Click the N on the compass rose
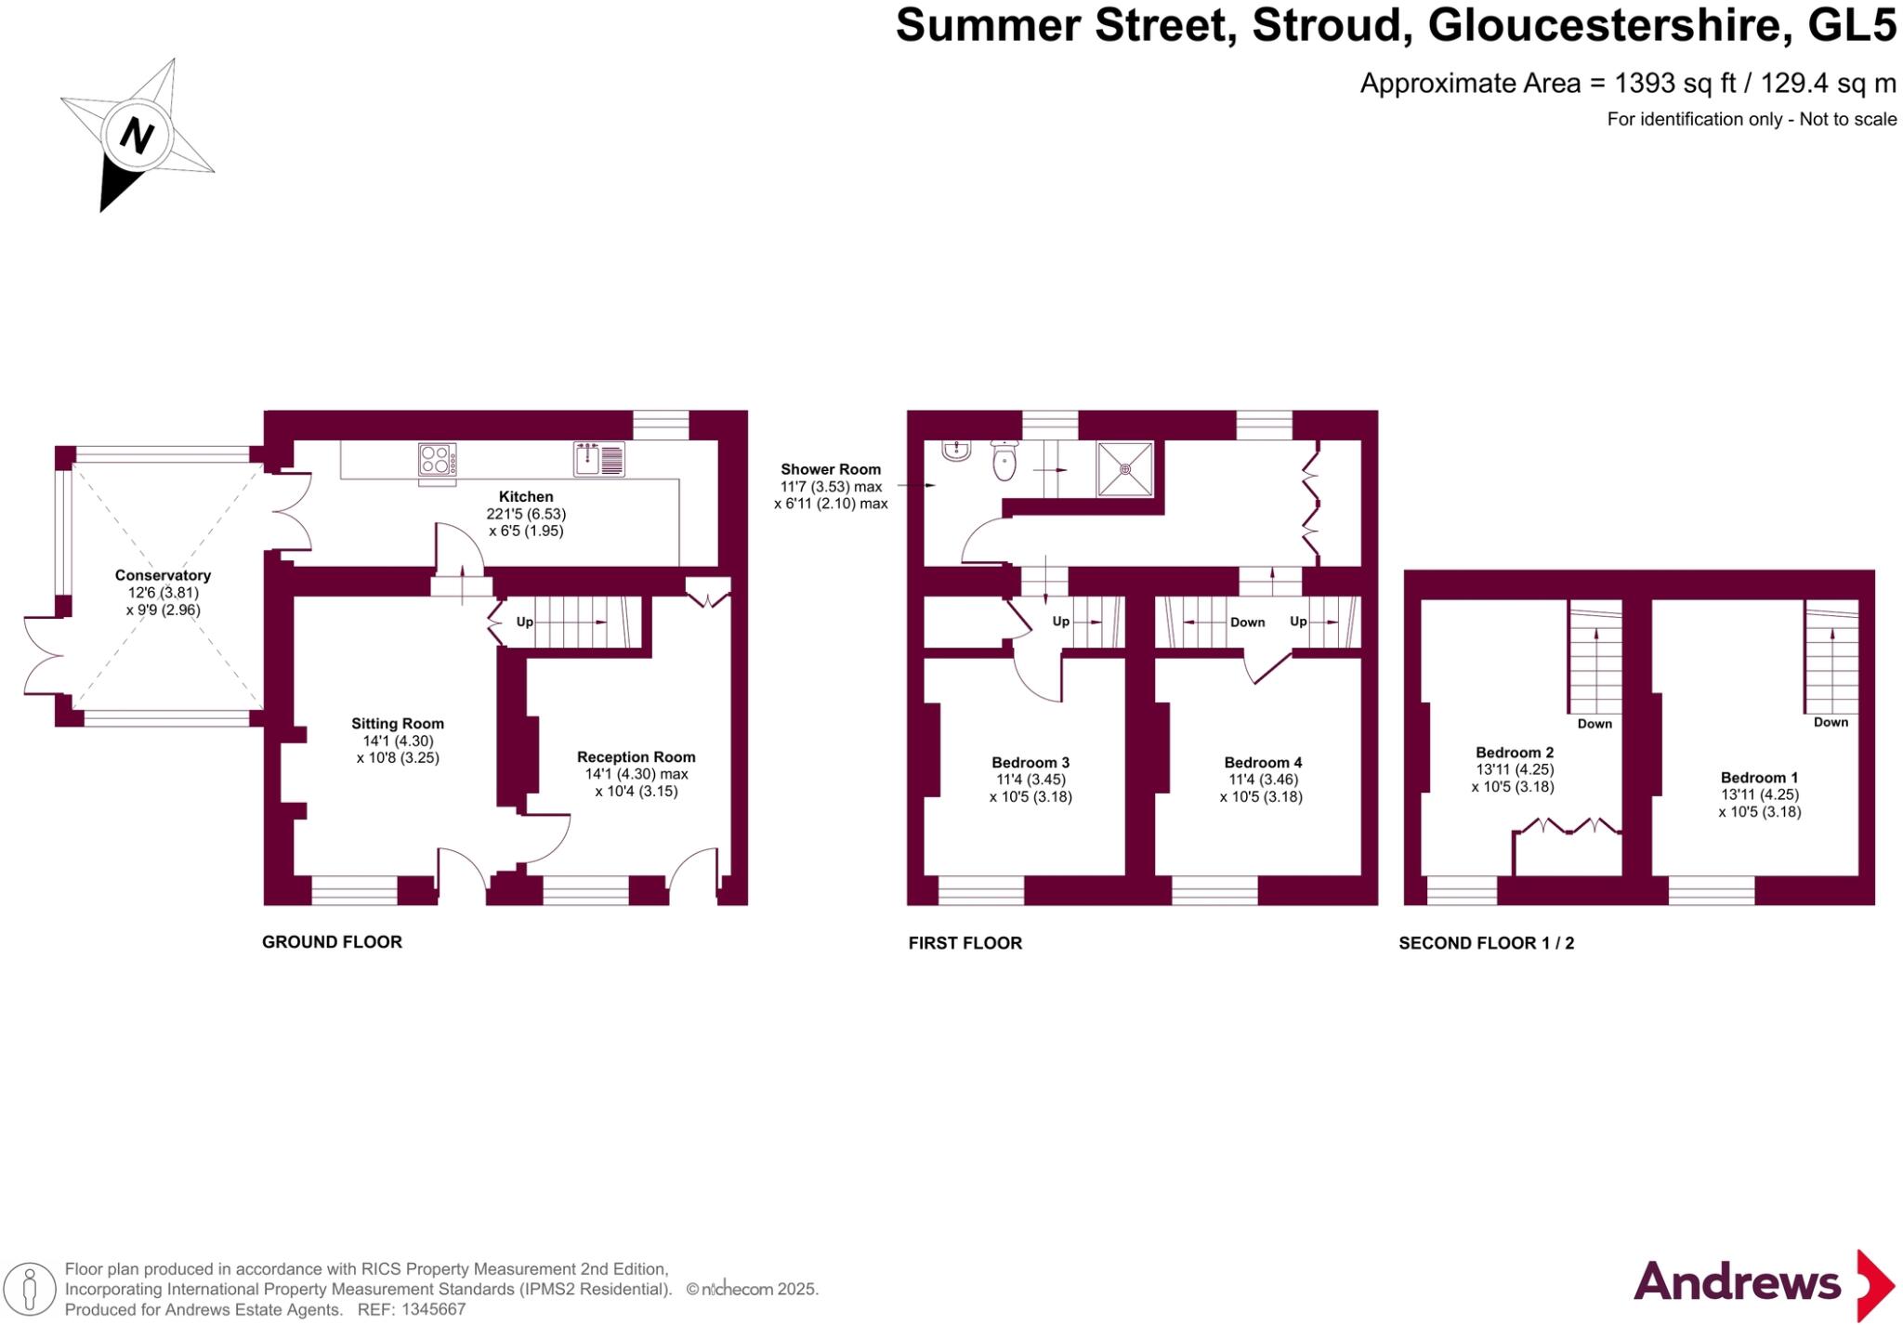click(x=137, y=137)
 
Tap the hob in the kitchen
click(x=437, y=460)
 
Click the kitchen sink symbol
click(x=598, y=459)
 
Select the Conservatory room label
click(x=163, y=575)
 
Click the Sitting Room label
click(x=398, y=724)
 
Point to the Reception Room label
click(x=636, y=757)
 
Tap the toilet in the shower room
click(x=1004, y=461)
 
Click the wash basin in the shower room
click(x=956, y=451)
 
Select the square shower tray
click(x=1125, y=469)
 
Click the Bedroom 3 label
click(x=1030, y=763)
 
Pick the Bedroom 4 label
click(x=1263, y=763)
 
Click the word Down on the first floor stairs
click(x=1247, y=623)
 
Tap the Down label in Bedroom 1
click(x=1831, y=722)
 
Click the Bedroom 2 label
click(x=1515, y=753)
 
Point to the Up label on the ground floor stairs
click(x=524, y=623)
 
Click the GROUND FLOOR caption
click(x=332, y=942)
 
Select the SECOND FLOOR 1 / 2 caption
click(x=1486, y=943)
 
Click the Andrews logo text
click(x=1737, y=1283)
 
